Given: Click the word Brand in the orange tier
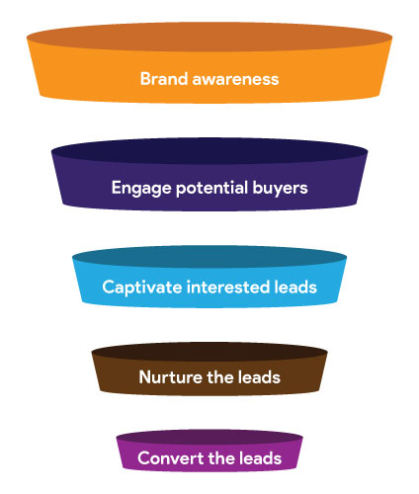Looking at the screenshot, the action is tap(164, 79).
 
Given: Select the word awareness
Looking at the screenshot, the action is tap(235, 79).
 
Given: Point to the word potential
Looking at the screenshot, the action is tap(212, 189).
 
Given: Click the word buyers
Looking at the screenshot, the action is tap(280, 189).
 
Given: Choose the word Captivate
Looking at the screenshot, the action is tap(142, 288).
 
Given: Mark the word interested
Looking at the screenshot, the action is tap(228, 287).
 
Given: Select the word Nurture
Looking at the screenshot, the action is tap(171, 377).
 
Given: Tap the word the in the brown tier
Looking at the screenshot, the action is tap(220, 377).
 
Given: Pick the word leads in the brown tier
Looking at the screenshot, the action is tap(259, 377).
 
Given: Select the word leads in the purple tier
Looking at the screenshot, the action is tap(261, 458).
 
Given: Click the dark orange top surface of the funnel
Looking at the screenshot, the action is tap(209, 37).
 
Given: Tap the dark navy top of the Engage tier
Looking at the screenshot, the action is tap(209, 150).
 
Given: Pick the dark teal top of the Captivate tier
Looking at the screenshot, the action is tap(209, 257).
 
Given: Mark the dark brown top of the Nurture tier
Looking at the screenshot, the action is tap(209, 352).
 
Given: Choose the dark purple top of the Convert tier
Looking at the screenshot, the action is tap(209, 437).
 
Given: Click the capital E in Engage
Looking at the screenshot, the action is tap(116, 188).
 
